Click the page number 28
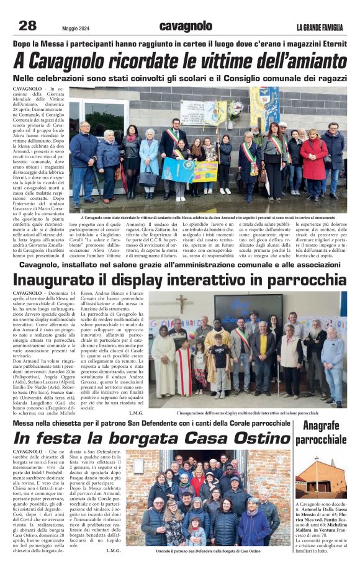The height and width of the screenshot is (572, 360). tap(28, 25)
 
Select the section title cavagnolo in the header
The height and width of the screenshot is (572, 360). tap(186, 26)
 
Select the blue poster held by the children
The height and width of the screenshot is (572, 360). tap(178, 169)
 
